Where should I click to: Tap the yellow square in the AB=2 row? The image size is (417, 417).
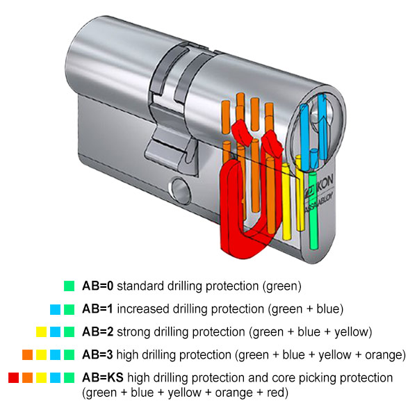40,332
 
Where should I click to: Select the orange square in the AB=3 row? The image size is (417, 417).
26,354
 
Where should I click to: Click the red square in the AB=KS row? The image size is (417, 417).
13,378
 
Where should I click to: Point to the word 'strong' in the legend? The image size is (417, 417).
136,331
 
